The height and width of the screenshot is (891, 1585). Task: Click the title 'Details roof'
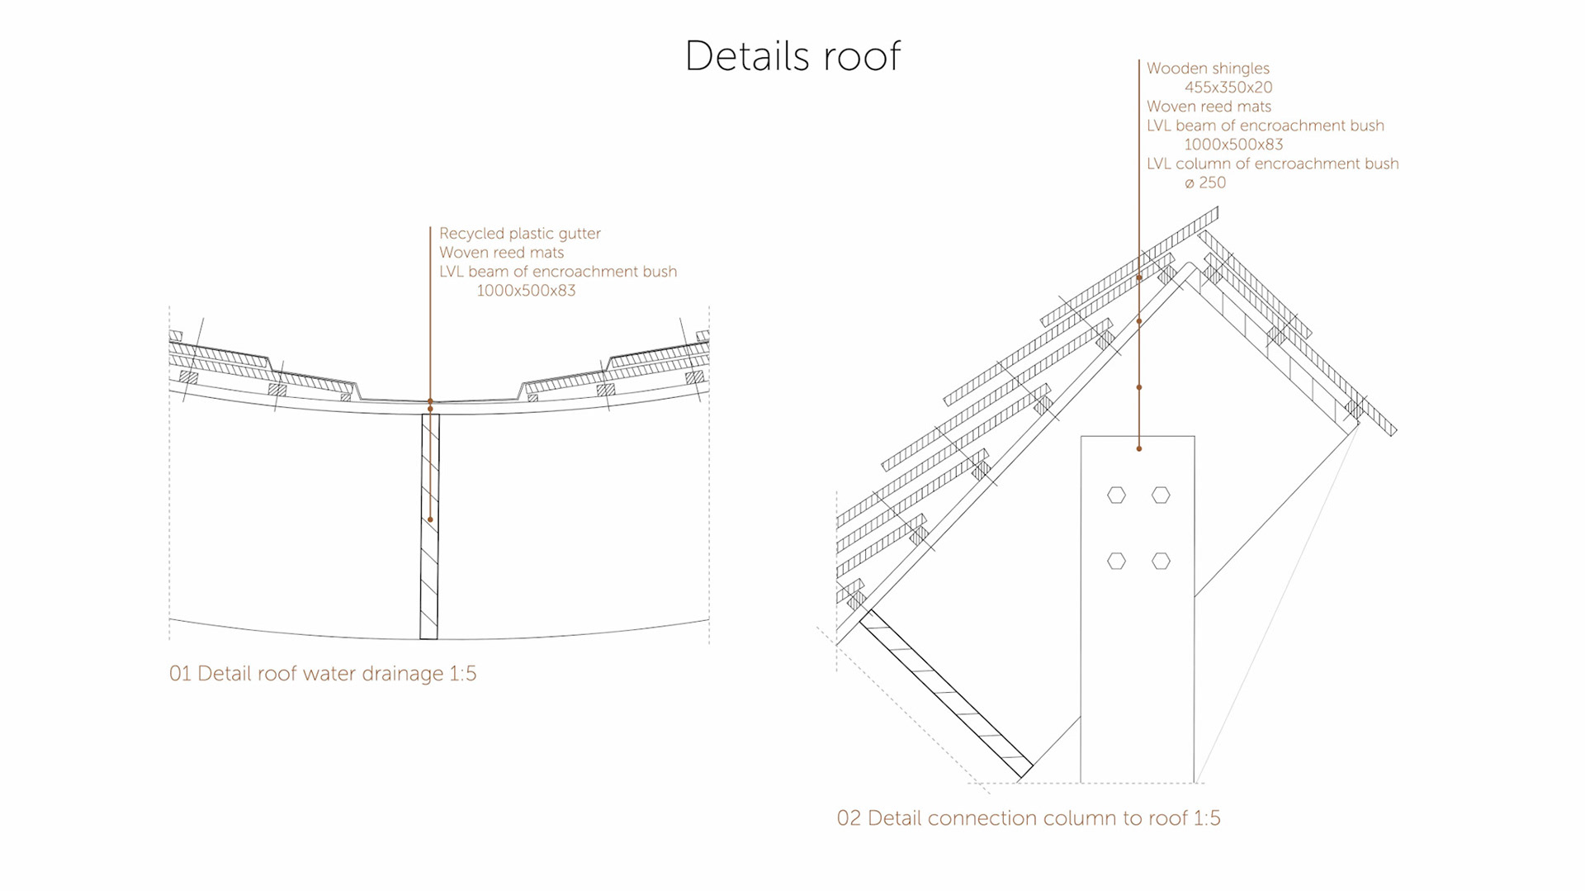(x=792, y=56)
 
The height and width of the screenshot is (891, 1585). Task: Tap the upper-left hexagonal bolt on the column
(x=1116, y=495)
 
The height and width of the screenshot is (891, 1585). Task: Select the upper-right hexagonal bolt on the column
(x=1161, y=495)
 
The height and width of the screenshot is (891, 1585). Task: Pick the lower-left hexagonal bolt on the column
(x=1116, y=562)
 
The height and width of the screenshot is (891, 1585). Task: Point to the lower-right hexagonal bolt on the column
(x=1161, y=562)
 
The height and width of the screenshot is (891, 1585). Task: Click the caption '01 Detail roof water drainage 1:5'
(x=323, y=674)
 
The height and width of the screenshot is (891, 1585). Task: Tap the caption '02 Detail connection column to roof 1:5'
(x=1029, y=818)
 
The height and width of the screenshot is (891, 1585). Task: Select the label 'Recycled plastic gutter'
(x=520, y=234)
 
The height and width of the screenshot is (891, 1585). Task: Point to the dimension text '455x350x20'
(x=1228, y=88)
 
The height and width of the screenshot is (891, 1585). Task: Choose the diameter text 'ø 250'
(x=1205, y=183)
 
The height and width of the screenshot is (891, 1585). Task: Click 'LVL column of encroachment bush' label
(x=1272, y=164)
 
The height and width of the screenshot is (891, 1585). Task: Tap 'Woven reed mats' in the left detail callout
(x=502, y=253)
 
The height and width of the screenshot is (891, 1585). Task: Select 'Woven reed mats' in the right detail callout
(x=1209, y=107)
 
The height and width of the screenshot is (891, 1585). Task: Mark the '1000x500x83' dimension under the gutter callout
(x=526, y=291)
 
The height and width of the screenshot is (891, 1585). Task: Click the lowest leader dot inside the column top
(x=1139, y=448)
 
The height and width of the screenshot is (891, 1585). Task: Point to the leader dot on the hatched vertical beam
(x=430, y=519)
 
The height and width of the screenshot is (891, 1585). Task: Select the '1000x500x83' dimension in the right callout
(x=1233, y=145)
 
